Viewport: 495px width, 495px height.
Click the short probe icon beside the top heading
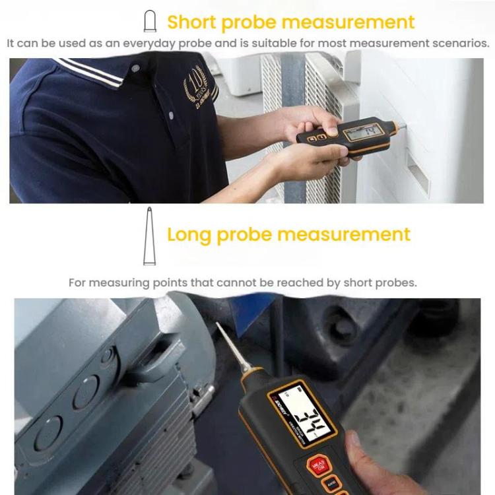150,22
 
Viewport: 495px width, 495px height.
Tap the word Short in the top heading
192,22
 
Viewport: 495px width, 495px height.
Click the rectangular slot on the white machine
418,172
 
